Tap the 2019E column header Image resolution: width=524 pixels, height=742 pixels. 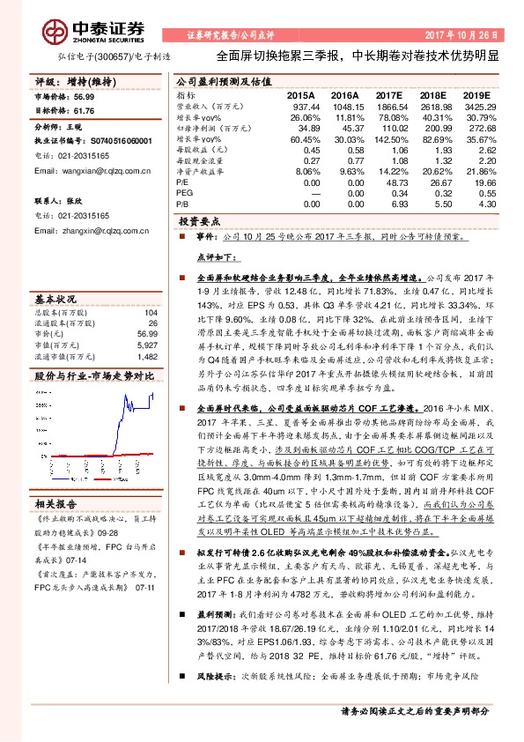click(x=476, y=94)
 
